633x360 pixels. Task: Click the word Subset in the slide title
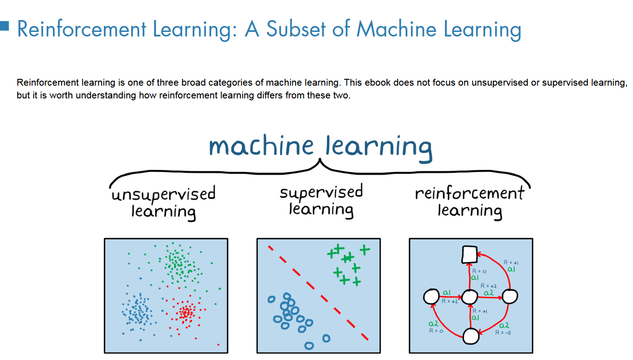coord(297,29)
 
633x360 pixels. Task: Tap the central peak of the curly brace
coord(321,160)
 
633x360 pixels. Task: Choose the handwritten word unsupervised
coord(163,195)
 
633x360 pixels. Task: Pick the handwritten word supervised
coord(321,192)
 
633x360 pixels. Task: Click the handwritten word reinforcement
coord(470,194)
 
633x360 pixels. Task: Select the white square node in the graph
coord(469,254)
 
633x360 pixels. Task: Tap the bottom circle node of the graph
coord(471,337)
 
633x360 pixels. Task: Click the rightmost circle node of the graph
coord(510,297)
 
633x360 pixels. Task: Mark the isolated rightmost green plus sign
coord(365,249)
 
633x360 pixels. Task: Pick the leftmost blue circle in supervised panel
coord(271,299)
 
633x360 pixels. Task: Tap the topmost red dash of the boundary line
coord(270,248)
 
